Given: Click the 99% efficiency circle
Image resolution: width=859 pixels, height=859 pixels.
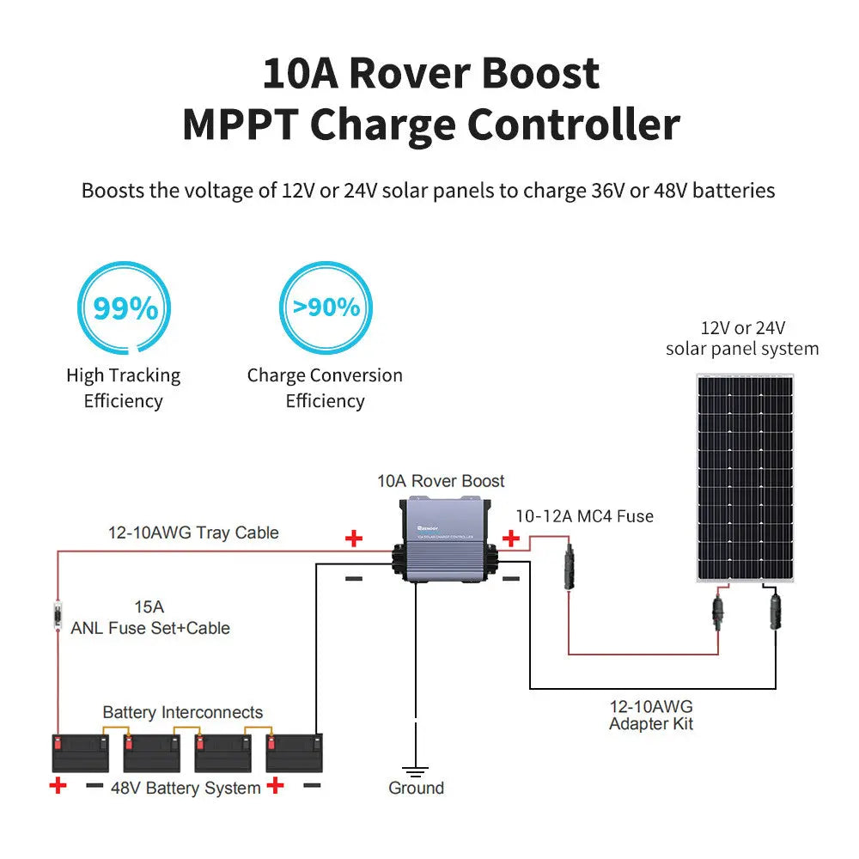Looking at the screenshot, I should pos(125,308).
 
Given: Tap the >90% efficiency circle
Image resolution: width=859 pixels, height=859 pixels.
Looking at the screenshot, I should pos(326,307).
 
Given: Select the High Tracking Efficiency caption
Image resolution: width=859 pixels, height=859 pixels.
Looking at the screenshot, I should pos(124,388).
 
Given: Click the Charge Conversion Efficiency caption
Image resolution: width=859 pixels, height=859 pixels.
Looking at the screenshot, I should pos(325,388).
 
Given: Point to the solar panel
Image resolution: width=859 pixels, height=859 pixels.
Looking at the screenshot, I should pos(745,477).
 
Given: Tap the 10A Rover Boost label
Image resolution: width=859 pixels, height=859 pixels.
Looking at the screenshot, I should pos(441,481).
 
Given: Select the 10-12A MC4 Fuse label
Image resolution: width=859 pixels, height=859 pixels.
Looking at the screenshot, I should pos(584,516).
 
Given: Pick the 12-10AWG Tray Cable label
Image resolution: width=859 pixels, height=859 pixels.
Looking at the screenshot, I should pos(193,533).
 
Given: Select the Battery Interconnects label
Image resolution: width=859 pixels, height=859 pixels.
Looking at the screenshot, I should pos(183,713).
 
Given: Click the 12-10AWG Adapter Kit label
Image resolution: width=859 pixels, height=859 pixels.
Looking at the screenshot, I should pos(650,716).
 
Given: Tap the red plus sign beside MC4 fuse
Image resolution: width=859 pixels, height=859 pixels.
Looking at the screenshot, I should pos(511,539).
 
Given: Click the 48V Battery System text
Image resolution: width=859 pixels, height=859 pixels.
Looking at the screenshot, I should pos(186,789).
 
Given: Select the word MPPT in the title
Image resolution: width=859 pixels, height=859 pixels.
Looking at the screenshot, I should pos(240,125).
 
